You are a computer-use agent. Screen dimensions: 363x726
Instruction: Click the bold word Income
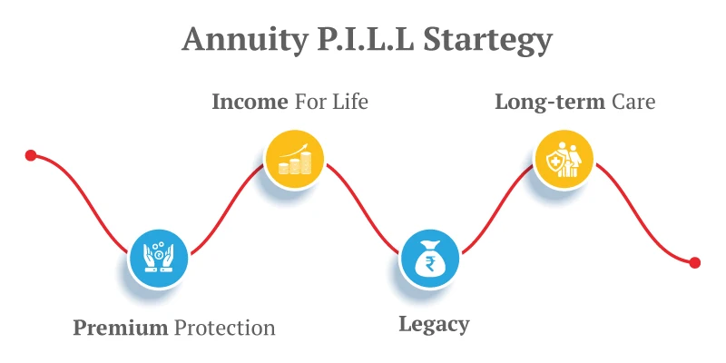(x=250, y=102)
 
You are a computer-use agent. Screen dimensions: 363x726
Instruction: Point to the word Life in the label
(x=348, y=102)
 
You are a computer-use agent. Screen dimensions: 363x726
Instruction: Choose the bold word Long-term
(x=549, y=102)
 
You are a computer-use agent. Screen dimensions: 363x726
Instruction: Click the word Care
(x=633, y=102)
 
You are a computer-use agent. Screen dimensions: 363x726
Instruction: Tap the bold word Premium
(x=121, y=328)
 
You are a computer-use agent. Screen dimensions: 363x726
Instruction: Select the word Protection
(x=224, y=328)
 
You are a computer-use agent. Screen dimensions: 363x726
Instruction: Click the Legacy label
(x=434, y=324)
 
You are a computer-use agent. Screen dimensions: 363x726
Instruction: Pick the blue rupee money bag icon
(x=430, y=258)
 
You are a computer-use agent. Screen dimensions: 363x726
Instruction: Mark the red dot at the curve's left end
(x=31, y=155)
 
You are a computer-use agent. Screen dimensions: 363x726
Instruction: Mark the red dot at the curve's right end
(x=695, y=262)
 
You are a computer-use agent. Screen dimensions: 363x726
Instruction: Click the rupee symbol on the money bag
(x=430, y=264)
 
